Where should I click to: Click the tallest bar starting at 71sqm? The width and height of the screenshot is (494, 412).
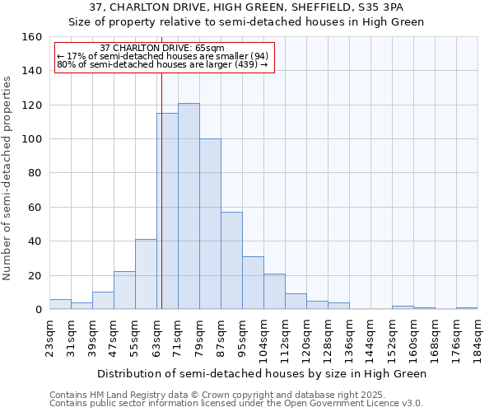[189, 206]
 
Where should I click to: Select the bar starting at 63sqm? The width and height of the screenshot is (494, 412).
[167, 211]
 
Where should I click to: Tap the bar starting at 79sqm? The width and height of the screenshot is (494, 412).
[210, 224]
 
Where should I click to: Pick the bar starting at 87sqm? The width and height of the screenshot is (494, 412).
[231, 260]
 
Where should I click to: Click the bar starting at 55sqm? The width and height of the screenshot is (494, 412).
[146, 274]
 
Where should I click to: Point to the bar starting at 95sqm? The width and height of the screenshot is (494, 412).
[253, 283]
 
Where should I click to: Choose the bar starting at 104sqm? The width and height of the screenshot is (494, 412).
[274, 292]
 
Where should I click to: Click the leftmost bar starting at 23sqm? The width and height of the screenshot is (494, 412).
[60, 304]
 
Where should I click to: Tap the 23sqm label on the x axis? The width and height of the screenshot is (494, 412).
[49, 336]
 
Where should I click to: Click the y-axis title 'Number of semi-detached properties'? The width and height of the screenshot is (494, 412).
[7, 173]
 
